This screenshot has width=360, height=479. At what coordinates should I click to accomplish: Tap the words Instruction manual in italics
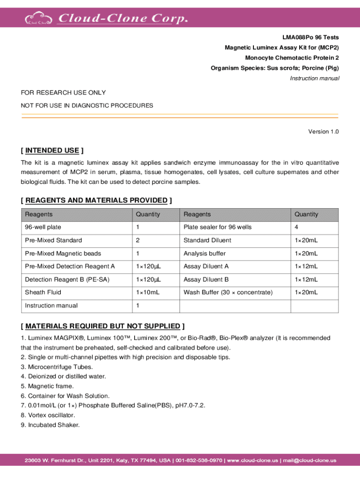pos(315,78)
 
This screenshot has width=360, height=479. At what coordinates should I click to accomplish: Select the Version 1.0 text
pos(323,131)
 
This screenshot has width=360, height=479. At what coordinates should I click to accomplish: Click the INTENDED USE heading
pos(52,150)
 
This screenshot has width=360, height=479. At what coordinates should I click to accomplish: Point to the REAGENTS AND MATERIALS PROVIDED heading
pos(96,200)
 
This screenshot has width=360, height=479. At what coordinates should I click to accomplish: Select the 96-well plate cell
pos(43,227)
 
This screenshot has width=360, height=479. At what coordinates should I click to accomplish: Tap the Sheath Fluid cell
pos(43,292)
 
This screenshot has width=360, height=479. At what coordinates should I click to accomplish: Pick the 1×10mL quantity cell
pos(148,292)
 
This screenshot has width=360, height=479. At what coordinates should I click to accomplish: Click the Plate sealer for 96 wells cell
pos(217,227)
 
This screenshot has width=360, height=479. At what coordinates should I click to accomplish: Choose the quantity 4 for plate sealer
pos(296,227)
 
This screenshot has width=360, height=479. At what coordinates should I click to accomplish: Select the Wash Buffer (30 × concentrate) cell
pos(228,292)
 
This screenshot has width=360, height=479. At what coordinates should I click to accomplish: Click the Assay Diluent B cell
pos(206,279)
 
